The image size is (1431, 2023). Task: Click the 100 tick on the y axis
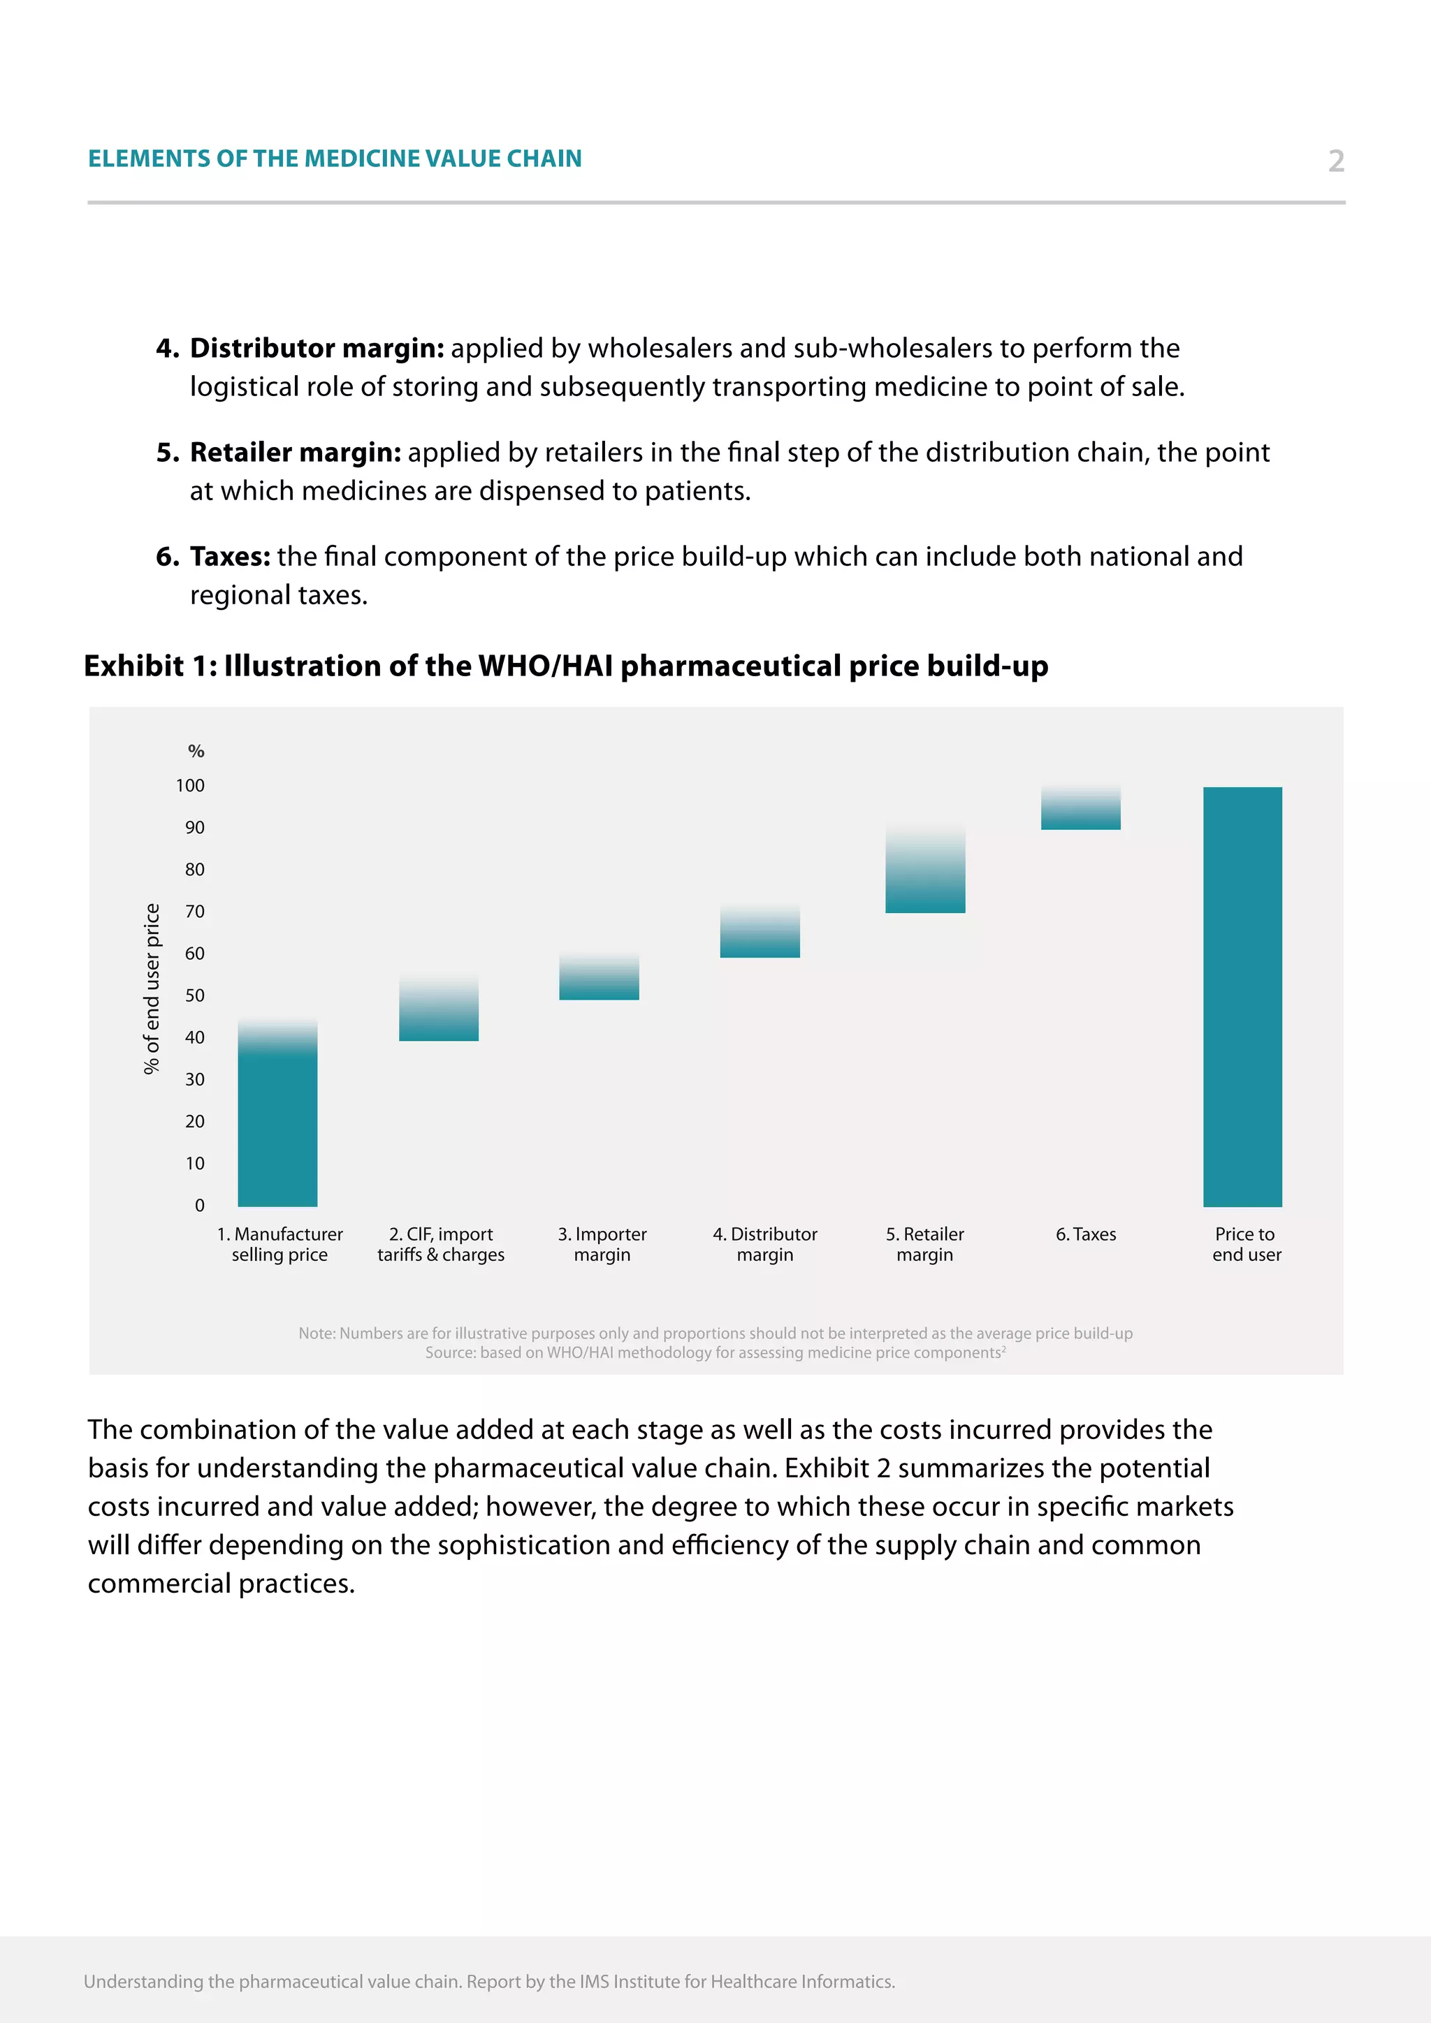tap(190, 785)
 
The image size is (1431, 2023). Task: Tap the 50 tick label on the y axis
tap(195, 995)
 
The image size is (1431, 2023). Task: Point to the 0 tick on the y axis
tap(200, 1205)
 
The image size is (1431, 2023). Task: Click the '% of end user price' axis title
tap(152, 988)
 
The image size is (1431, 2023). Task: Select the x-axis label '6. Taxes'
tap(1086, 1234)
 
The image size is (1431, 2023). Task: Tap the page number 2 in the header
tap(1336, 161)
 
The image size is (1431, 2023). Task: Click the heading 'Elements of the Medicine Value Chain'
tap(335, 159)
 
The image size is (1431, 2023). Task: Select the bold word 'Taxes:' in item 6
tap(230, 557)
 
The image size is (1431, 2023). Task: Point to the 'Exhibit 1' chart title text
tap(566, 666)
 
